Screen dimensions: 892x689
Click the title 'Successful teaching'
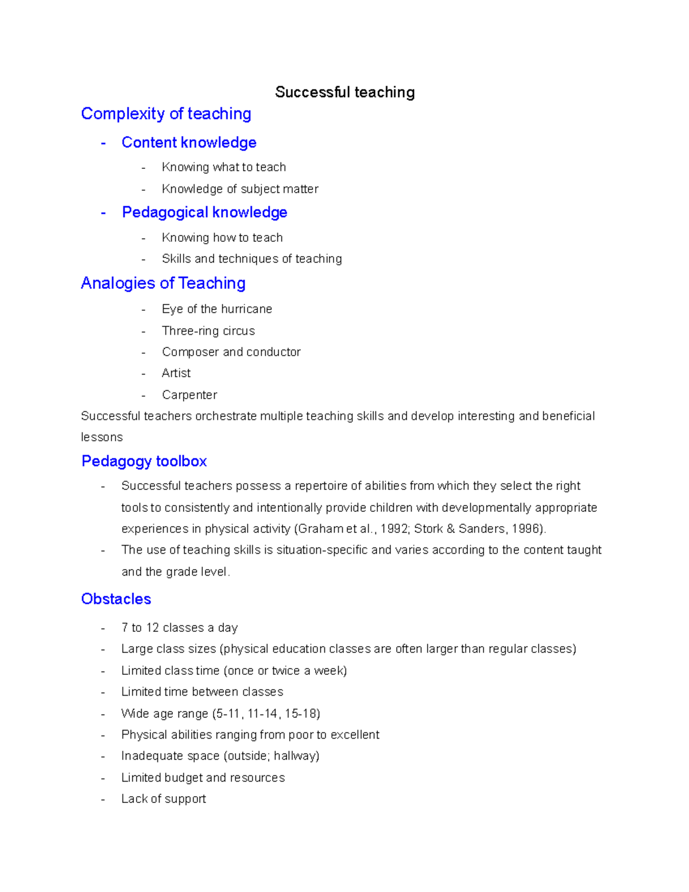[x=344, y=92]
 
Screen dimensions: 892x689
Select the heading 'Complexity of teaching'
[x=166, y=114]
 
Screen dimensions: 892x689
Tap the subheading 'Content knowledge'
[x=189, y=142]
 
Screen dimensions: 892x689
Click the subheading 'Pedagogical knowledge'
[x=204, y=213]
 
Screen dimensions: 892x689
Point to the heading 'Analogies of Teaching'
[x=163, y=283]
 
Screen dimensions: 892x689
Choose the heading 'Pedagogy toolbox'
[x=144, y=461]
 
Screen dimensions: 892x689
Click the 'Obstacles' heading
[x=116, y=599]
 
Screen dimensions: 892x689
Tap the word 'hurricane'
[x=246, y=309]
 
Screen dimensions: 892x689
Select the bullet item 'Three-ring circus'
[x=208, y=331]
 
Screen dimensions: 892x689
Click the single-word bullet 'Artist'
[x=176, y=373]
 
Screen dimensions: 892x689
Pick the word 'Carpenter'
[x=189, y=395]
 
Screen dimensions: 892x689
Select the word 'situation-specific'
[x=322, y=550]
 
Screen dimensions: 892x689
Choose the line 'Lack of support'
[x=164, y=799]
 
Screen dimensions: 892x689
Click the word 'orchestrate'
[x=226, y=416]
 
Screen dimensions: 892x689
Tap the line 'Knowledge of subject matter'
[x=240, y=189]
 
